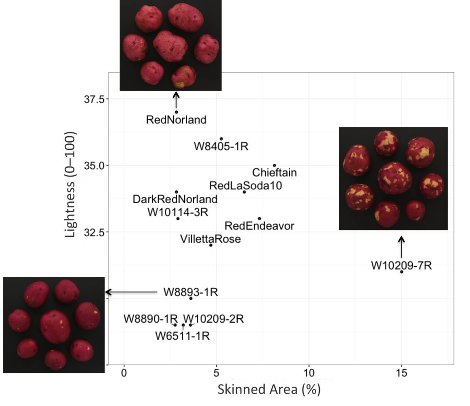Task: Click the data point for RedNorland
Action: pyautogui.click(x=176, y=112)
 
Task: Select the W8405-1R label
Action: pyautogui.click(x=221, y=147)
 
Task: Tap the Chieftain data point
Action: pyautogui.click(x=274, y=165)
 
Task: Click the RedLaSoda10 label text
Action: pyautogui.click(x=246, y=186)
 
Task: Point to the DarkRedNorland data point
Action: pyautogui.click(x=176, y=192)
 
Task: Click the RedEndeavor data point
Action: pyautogui.click(x=259, y=218)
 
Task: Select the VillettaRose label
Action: pyautogui.click(x=211, y=239)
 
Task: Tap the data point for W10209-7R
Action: pyautogui.click(x=402, y=272)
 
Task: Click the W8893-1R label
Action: pyautogui.click(x=190, y=292)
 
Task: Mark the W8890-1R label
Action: pyautogui.click(x=151, y=319)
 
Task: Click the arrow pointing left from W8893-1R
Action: pyautogui.click(x=131, y=292)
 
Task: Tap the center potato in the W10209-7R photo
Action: pyautogui.click(x=394, y=177)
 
